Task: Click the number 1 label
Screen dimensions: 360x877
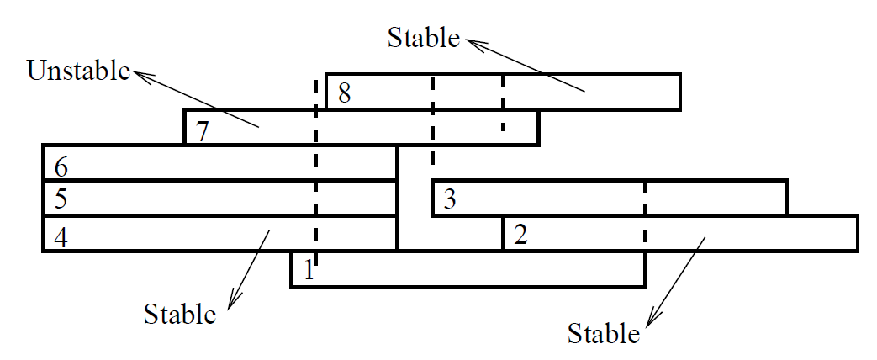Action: (x=309, y=271)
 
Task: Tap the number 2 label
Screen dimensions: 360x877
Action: (x=520, y=235)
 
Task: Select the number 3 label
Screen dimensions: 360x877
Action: (x=450, y=200)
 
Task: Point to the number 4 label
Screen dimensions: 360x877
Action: (x=60, y=236)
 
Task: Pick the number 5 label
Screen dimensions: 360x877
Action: (x=60, y=200)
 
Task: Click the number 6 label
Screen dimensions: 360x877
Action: (x=61, y=166)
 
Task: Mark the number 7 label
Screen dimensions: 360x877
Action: (x=201, y=130)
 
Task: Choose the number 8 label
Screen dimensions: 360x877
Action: (x=344, y=93)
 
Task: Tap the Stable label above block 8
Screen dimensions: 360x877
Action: (x=424, y=38)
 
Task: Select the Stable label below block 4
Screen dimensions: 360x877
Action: (x=180, y=315)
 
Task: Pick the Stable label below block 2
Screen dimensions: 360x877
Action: (x=604, y=333)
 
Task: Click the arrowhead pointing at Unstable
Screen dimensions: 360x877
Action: (x=144, y=77)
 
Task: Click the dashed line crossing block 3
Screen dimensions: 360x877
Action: (x=645, y=197)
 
